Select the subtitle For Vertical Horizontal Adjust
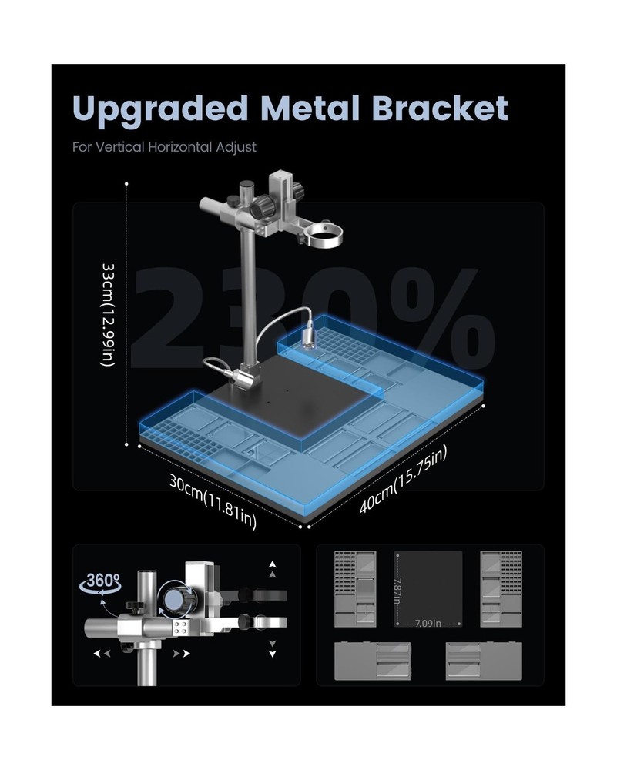(164, 147)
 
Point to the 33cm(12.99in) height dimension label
(109, 315)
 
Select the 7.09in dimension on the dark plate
(428, 624)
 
